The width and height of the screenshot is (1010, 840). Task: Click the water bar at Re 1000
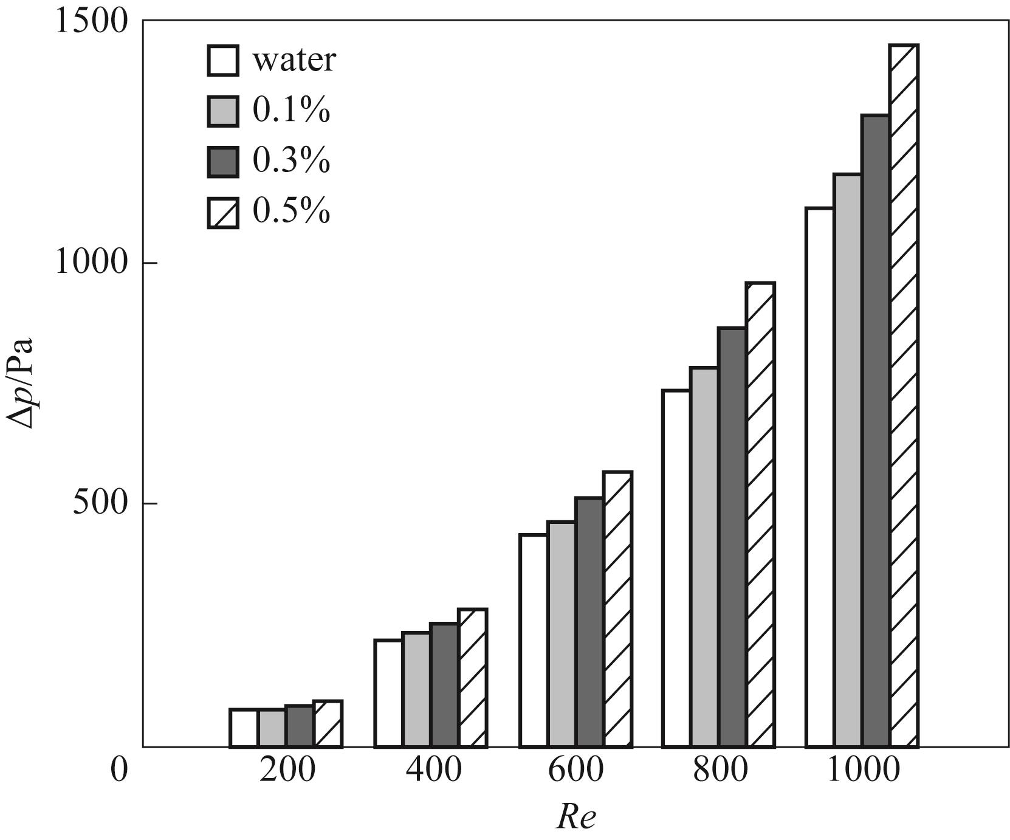(819, 477)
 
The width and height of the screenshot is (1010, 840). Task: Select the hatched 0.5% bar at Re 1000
(904, 395)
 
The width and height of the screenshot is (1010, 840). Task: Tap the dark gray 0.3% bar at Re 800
(732, 537)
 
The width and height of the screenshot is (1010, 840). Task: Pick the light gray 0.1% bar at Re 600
(562, 634)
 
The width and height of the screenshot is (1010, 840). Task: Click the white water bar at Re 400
(388, 693)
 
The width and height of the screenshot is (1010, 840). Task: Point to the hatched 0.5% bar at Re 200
(328, 724)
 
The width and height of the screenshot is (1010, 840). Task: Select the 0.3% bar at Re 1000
(876, 431)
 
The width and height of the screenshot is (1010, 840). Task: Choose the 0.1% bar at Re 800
(704, 557)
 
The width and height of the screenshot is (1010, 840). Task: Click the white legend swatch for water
(223, 60)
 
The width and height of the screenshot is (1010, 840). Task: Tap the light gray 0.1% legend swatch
(223, 111)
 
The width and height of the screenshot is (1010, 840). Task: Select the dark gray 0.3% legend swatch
(223, 162)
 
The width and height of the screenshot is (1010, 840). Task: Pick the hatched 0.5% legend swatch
(223, 213)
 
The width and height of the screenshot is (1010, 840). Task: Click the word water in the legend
(294, 60)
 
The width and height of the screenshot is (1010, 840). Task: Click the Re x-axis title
(575, 818)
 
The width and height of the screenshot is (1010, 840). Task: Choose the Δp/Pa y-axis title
(22, 383)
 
